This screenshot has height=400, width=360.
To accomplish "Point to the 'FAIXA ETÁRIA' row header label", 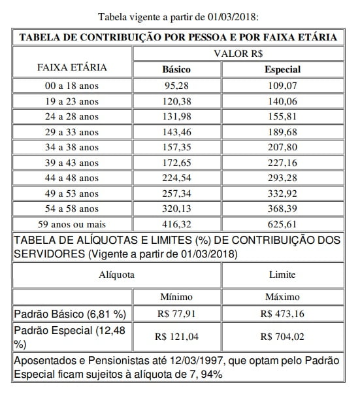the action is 73,67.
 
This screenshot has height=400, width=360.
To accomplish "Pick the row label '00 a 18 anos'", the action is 73,85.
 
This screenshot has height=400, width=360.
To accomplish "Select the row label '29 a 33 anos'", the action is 73,132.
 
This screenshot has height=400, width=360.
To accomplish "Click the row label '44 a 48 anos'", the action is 73,179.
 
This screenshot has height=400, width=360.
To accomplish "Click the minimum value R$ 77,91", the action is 176,314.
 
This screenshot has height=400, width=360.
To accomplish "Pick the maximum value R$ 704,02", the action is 283,337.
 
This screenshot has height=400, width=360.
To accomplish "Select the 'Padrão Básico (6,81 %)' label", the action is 67,314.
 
